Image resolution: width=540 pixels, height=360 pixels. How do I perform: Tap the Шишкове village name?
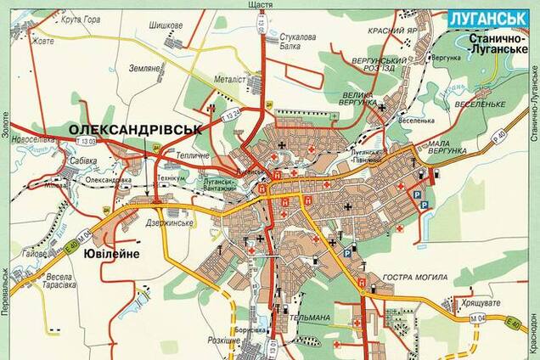coord(166,25)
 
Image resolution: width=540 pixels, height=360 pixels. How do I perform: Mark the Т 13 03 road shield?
coord(87,140)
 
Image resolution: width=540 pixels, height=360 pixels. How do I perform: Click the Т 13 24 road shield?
coord(232,112)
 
